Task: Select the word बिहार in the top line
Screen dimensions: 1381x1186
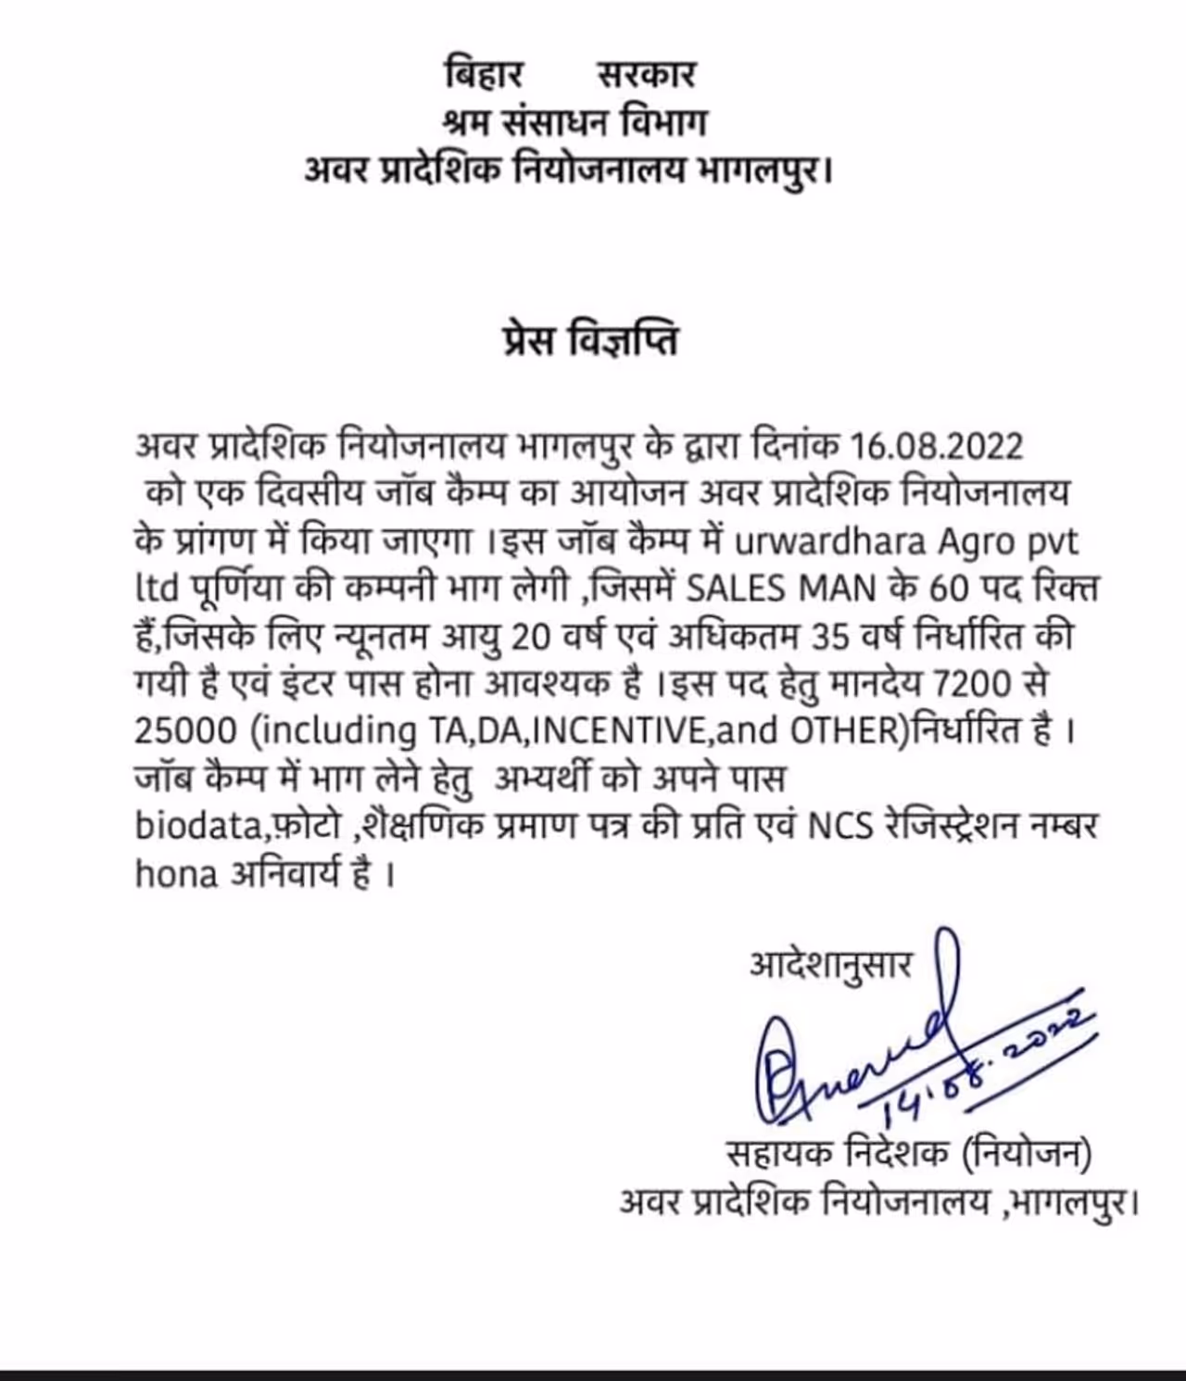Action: (x=484, y=74)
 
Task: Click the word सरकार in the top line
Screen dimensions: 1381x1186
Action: (x=646, y=74)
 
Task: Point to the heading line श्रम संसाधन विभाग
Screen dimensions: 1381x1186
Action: (x=574, y=122)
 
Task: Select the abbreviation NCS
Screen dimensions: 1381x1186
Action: (x=839, y=826)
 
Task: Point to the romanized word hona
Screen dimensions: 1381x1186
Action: (x=176, y=874)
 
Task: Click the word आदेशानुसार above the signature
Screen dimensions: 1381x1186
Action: (x=830, y=965)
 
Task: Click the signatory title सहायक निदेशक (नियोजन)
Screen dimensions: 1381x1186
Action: (x=908, y=1155)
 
